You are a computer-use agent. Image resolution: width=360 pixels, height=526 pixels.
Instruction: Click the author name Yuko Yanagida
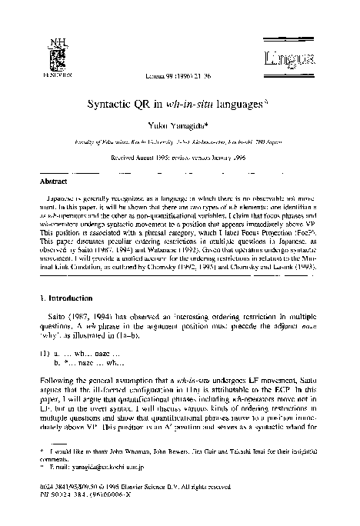(179, 125)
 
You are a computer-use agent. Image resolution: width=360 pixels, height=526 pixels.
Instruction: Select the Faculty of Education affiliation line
(180, 142)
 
